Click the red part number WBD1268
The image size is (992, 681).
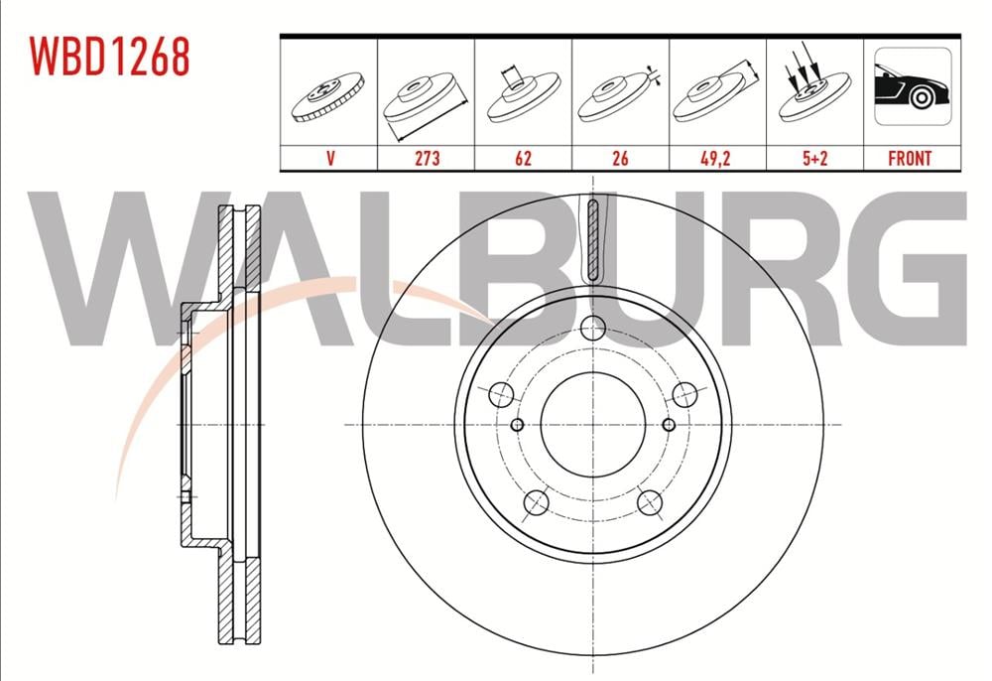(109, 56)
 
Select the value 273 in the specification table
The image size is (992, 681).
(427, 158)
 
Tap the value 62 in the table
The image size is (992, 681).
(523, 158)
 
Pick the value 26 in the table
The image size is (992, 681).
(621, 158)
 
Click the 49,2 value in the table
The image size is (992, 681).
(715, 158)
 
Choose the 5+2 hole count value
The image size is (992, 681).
(814, 158)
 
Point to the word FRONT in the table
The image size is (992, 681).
(910, 158)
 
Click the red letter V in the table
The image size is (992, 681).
(330, 158)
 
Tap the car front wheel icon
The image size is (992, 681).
(913, 86)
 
